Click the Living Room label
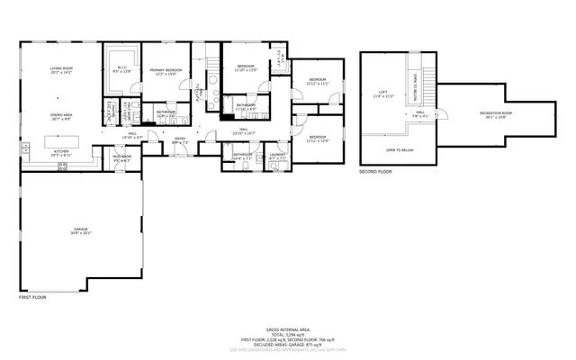tap(62, 70)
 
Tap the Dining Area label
tap(62, 116)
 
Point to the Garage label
tap(81, 231)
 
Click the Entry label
tap(180, 140)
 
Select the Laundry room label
tap(277, 157)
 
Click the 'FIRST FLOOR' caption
tap(32, 296)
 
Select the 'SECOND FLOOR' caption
tap(376, 170)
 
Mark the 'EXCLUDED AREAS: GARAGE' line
tap(287, 344)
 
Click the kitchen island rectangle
tap(62, 141)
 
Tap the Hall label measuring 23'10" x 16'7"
tap(244, 134)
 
